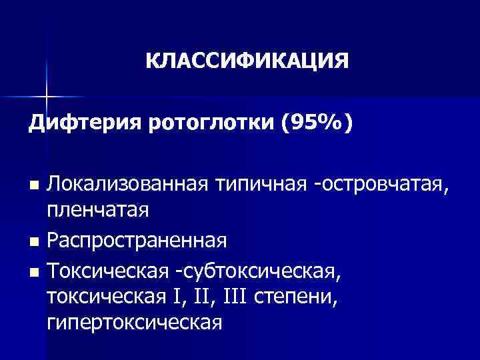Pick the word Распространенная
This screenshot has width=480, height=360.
pos(137,240)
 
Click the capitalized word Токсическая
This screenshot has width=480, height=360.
pos(103,270)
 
